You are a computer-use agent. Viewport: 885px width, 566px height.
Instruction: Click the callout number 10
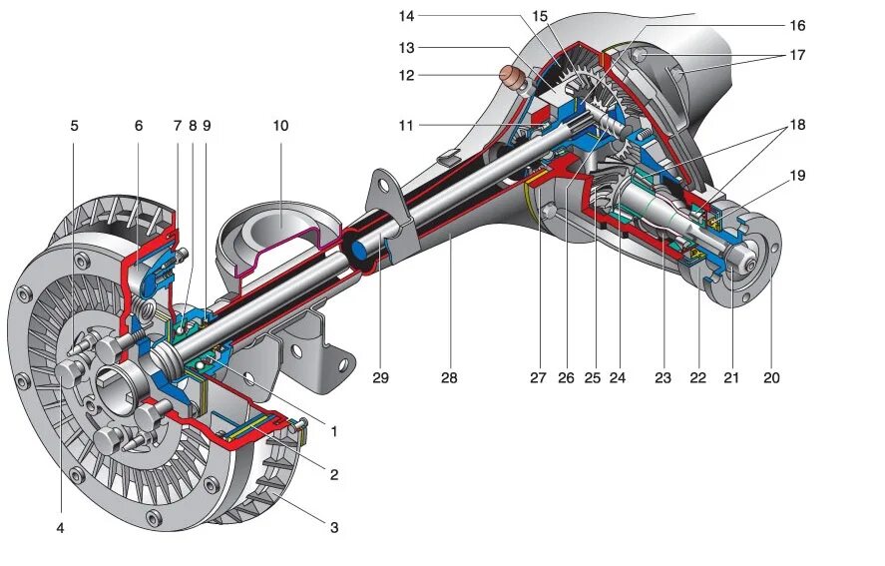tap(280, 126)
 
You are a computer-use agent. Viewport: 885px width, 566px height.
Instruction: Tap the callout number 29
tap(380, 378)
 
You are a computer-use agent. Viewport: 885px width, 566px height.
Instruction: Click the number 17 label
tap(796, 55)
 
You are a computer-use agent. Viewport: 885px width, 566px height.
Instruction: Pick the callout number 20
tap(770, 378)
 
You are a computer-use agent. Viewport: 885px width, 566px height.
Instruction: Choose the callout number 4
tap(60, 528)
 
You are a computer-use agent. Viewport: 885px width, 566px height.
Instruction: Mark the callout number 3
tap(334, 527)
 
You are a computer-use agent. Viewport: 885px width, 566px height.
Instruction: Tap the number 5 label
tap(75, 126)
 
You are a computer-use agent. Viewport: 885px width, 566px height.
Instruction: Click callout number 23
tap(664, 378)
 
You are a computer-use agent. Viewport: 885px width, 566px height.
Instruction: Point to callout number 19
tap(796, 176)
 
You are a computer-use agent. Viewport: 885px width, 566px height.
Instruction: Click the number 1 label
tap(334, 432)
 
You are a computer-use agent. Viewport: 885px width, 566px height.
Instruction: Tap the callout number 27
tap(539, 378)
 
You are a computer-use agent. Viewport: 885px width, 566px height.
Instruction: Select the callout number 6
tap(139, 126)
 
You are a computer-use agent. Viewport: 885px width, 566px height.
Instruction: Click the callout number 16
tap(796, 25)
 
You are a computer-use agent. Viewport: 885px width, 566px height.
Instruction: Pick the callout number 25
tap(593, 378)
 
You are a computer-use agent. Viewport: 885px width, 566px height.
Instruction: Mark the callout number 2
tap(334, 475)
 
